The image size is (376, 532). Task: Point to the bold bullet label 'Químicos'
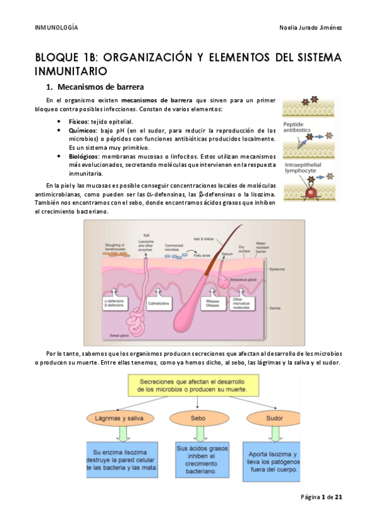pyautogui.click(x=82, y=130)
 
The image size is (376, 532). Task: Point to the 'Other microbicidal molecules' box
pyautogui.click(x=241, y=303)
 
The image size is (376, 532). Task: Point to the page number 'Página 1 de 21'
pyautogui.click(x=321, y=497)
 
